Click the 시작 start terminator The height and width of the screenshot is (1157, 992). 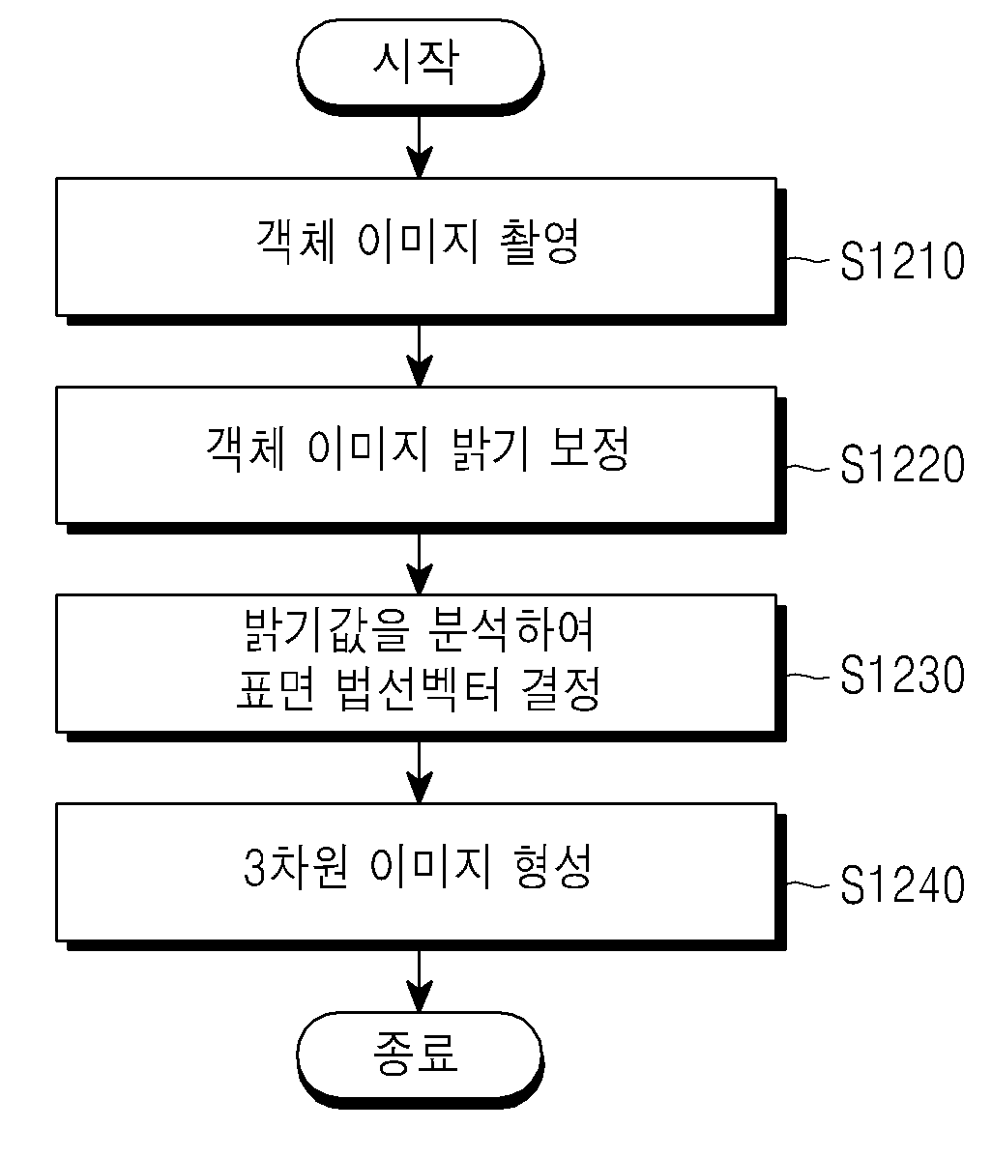[x=420, y=67]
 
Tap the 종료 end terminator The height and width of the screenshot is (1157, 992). [x=420, y=1059]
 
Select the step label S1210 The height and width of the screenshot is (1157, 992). [x=902, y=260]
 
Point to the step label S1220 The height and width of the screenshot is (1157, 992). [x=902, y=465]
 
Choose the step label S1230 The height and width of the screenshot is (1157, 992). [x=902, y=674]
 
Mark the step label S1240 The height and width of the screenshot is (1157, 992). [x=902, y=884]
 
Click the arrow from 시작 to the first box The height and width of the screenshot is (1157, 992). [x=420, y=147]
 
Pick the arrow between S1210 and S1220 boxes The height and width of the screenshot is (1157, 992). [x=420, y=356]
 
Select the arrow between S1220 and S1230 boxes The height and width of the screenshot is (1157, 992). [x=420, y=564]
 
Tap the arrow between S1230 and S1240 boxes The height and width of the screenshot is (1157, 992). [x=420, y=772]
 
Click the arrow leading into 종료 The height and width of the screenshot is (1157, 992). [x=420, y=981]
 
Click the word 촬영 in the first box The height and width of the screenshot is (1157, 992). [x=540, y=242]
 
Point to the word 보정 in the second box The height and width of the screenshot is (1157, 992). [x=590, y=448]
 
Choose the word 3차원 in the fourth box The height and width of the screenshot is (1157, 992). [x=295, y=866]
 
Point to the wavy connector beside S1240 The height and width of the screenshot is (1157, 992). [x=809, y=883]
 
